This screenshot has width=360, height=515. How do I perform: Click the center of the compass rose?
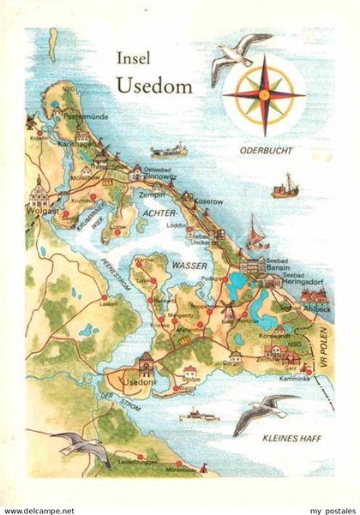point(263,93)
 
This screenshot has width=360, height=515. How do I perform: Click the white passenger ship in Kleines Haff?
point(199,417)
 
